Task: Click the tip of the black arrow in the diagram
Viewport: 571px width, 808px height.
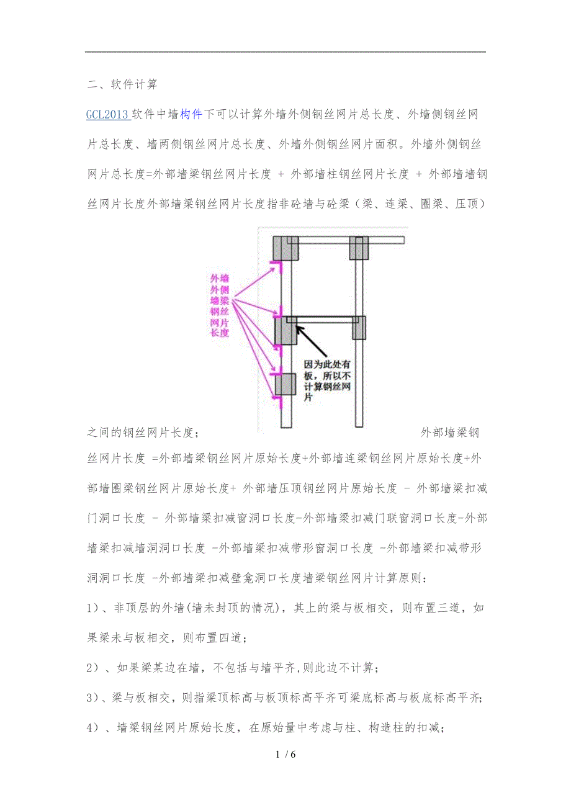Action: (296, 326)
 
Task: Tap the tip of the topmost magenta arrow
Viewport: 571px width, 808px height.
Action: (275, 268)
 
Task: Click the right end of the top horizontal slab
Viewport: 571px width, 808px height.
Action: (404, 240)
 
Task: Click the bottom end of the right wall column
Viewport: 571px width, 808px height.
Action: (359, 427)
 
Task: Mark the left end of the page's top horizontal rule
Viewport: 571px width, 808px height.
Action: (85, 52)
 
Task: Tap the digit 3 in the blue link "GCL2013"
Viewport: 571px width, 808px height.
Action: (125, 115)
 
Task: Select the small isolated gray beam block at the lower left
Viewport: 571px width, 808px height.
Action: (285, 384)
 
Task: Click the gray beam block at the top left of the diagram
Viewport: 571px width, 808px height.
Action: (285, 248)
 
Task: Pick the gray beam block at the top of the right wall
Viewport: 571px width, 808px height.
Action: (359, 248)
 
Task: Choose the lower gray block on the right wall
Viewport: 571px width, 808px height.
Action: (359, 328)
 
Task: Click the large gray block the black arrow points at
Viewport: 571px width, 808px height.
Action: (285, 331)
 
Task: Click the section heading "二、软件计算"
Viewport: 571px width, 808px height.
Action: (122, 84)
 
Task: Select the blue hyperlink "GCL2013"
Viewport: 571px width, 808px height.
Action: (107, 115)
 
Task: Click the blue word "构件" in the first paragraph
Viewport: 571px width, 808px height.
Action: (191, 114)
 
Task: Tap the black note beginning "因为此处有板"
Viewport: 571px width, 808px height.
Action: (327, 381)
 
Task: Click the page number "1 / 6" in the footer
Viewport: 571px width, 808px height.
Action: (285, 754)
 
